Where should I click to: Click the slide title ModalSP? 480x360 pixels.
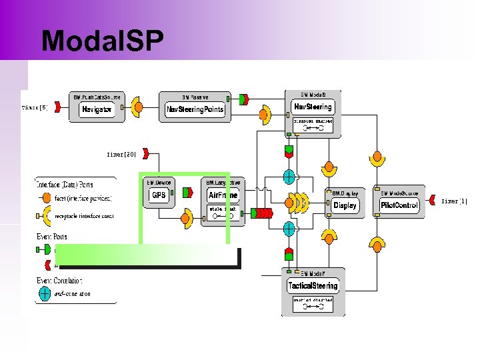click(102, 41)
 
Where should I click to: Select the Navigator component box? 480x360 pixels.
click(97, 109)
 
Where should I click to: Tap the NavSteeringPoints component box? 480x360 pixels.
click(195, 109)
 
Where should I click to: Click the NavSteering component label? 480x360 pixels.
click(313, 107)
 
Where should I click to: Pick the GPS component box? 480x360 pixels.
click(159, 195)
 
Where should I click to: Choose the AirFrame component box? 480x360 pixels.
click(223, 195)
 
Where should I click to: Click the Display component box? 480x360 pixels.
click(345, 205)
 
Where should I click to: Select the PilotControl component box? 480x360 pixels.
click(399, 205)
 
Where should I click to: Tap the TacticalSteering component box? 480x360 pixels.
click(313, 286)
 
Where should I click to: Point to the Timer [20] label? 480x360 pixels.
click(121, 154)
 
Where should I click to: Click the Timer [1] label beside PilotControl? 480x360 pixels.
click(455, 201)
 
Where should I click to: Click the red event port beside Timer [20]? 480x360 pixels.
click(145, 155)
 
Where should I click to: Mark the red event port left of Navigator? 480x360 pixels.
click(55, 107)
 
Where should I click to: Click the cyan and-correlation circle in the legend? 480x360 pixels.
click(45, 292)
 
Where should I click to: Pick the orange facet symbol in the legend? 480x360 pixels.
click(45, 198)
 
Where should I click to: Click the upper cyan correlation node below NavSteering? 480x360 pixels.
click(289, 177)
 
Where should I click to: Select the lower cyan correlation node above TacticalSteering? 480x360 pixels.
click(289, 229)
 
